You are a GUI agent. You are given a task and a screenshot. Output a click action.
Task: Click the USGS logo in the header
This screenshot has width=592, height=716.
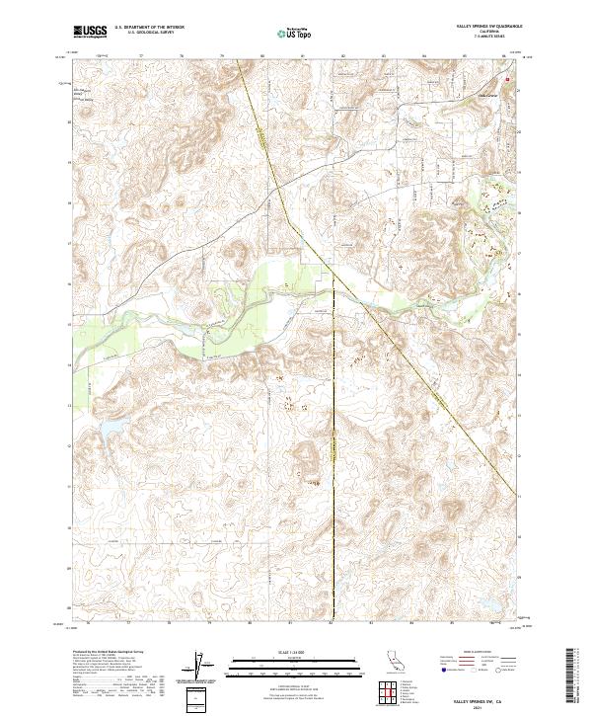91,32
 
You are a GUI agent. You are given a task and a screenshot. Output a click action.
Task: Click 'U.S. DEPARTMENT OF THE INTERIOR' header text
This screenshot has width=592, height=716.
149,28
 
